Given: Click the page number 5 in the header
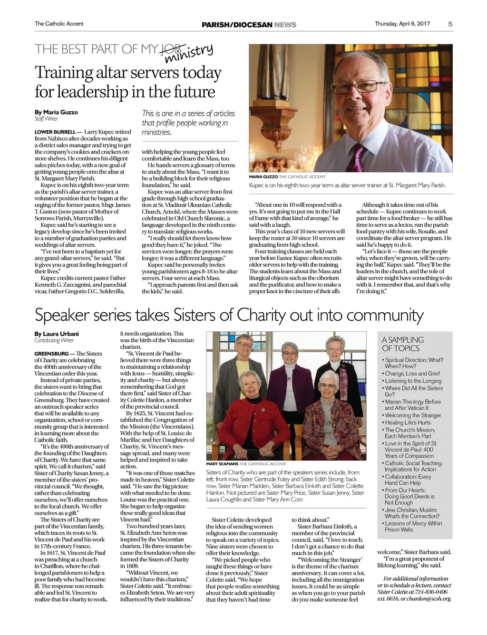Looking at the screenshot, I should pyautogui.click(x=450, y=24).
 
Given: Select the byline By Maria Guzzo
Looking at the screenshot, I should pyautogui.click(x=56, y=112).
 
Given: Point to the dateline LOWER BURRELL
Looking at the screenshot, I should pyautogui.click(x=55, y=132).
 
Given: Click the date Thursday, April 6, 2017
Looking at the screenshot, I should pyautogui.click(x=402, y=24).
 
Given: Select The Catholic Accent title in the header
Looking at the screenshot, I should pyautogui.click(x=59, y=24).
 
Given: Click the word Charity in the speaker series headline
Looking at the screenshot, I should pyautogui.click(x=257, y=315).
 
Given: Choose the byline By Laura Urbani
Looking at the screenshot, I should pyautogui.click(x=57, y=334).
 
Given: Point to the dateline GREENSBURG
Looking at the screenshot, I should pyautogui.click(x=51, y=354).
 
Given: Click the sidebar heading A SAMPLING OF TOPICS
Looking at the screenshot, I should pyautogui.click(x=402, y=344).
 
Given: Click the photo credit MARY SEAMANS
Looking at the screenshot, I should pyautogui.click(x=222, y=464).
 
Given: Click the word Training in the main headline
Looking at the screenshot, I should pyautogui.click(x=64, y=73).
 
